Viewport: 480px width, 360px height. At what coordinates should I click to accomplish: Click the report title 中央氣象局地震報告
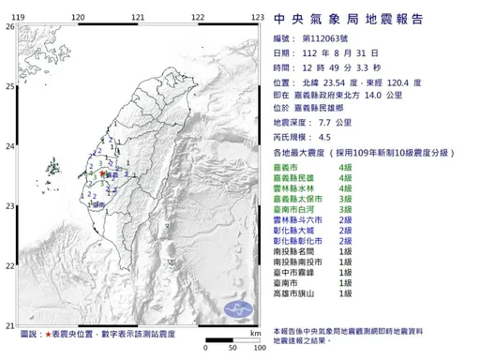(348, 19)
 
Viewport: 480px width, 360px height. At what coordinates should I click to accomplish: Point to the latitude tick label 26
(9, 27)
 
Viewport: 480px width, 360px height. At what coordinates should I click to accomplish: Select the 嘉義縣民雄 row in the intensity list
(300, 177)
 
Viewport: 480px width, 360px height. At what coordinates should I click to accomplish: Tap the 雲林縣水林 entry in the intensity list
(300, 188)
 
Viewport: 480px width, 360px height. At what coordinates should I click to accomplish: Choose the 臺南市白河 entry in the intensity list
(300, 211)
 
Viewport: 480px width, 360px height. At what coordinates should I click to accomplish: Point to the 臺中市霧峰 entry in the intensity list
(300, 271)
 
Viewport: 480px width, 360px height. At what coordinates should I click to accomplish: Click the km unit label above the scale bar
(254, 333)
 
